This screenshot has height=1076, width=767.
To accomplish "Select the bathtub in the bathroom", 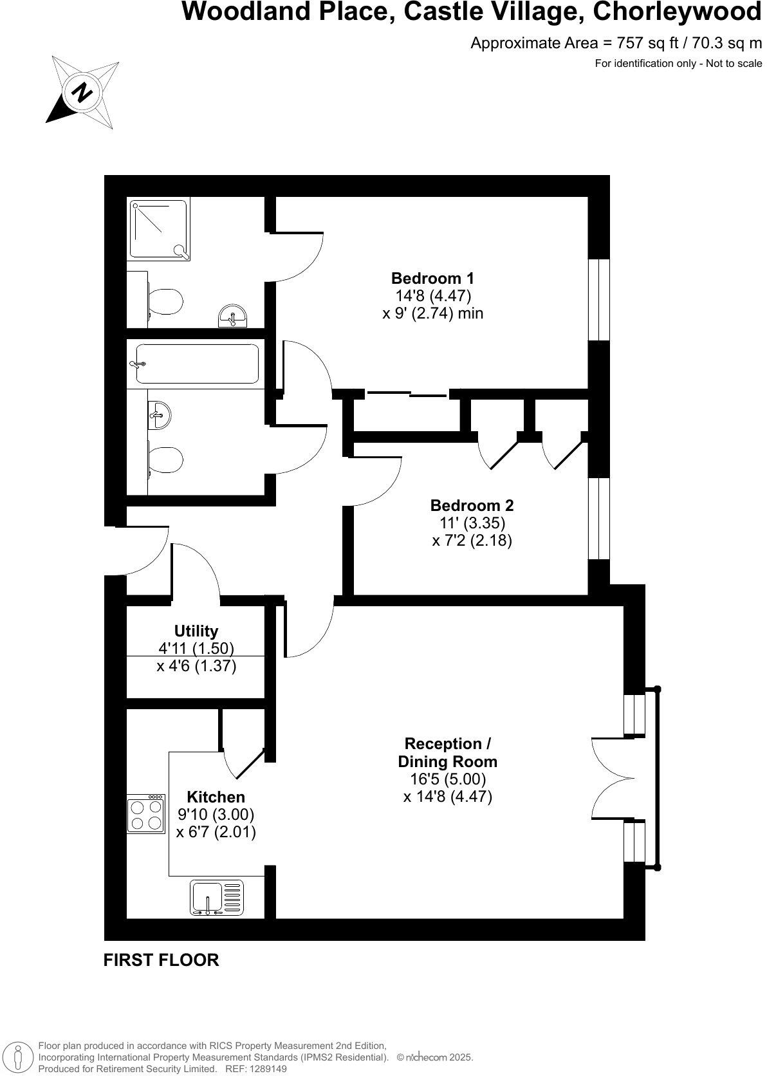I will pos(197,364).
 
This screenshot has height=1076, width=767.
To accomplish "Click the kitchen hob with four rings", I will pos(145,815).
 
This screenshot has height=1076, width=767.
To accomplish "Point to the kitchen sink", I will pos(217,898).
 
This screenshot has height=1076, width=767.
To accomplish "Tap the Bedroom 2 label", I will pos(472,506).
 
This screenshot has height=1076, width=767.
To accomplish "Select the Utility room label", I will pos(196,631).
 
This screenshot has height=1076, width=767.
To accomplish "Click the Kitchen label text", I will pos(216,797).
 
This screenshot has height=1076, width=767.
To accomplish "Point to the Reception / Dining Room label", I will pos(447,753).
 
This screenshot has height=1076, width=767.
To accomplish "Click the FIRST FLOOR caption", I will pos(161,960).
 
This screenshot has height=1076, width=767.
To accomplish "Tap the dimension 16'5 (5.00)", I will pos(448,779).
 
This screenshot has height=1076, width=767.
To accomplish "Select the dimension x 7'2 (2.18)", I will pos(472,541).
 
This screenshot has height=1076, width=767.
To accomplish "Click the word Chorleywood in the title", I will pos(677,12).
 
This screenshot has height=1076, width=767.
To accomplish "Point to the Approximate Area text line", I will pos(616,43).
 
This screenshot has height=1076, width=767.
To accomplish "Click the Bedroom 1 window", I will pos(599,299).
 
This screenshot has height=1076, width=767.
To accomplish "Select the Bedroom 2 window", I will pos(599,519).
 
